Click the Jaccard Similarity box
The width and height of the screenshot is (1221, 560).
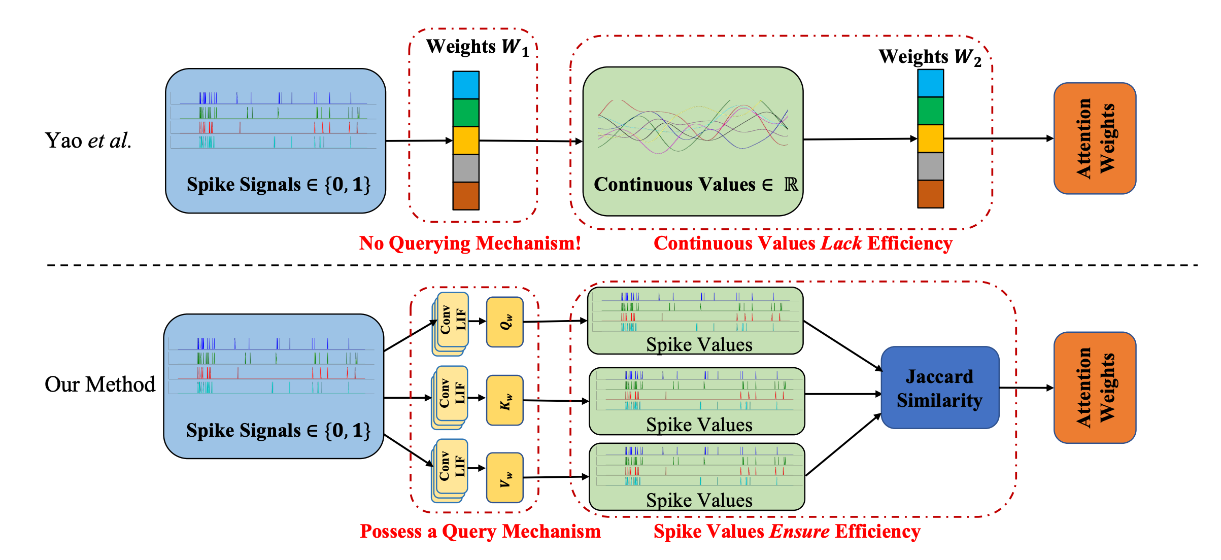940,388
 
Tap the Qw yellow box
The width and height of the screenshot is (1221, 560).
505,322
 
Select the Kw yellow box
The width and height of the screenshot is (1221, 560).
505,400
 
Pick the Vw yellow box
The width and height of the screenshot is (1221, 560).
505,477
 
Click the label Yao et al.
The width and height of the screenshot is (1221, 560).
88,141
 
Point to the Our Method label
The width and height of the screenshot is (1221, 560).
100,384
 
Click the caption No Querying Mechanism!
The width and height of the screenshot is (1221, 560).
470,243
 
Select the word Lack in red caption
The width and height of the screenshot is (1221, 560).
841,243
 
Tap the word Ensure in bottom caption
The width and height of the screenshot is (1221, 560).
800,532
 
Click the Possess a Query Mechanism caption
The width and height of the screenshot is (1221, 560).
480,532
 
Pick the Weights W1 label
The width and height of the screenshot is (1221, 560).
478,47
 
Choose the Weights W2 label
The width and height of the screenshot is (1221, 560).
930,57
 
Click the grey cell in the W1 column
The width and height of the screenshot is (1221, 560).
466,168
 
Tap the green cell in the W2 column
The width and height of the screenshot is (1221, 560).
930,111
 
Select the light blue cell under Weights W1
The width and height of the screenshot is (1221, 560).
466,85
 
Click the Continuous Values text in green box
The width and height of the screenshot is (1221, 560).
675,185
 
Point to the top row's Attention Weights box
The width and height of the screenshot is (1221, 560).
1095,138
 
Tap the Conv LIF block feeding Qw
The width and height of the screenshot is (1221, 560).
452,321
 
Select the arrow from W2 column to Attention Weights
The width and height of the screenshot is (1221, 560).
998,138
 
